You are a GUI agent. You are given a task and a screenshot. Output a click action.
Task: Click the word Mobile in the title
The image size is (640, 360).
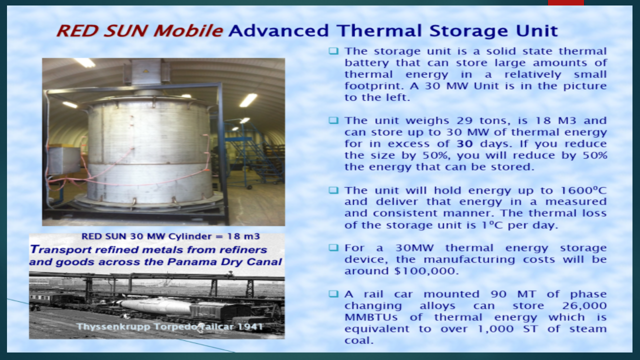click(x=188, y=31)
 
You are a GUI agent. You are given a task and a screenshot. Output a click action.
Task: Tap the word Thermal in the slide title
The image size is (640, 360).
click(x=379, y=31)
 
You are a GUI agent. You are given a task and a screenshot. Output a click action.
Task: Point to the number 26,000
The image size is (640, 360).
click(x=584, y=305)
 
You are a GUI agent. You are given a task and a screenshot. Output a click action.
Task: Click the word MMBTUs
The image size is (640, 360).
click(x=371, y=317)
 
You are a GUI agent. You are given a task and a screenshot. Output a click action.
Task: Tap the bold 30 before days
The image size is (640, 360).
click(x=464, y=143)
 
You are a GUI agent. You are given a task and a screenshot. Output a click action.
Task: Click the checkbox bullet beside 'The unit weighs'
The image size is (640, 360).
click(x=333, y=120)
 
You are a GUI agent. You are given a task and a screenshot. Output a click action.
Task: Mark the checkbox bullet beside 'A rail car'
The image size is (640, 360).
click(x=333, y=294)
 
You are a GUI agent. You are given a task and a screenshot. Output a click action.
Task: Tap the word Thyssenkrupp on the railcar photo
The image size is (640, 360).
click(x=113, y=327)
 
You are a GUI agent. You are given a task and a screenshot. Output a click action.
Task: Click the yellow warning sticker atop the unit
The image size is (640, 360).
click(x=146, y=70)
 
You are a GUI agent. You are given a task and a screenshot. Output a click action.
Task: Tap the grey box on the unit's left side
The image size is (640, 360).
click(x=64, y=160)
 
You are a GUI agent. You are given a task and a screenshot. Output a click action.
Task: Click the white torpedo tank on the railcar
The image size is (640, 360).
click(x=155, y=306)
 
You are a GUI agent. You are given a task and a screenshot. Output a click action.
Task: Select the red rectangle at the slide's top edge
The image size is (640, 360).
click(x=565, y=2)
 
